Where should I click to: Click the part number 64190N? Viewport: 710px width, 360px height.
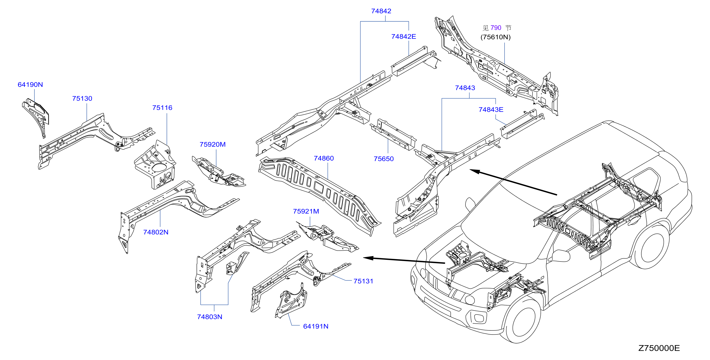(30, 85)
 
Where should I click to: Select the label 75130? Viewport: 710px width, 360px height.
(82, 98)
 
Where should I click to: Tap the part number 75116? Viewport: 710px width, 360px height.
(162, 108)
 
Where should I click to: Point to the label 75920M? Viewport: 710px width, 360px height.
(212, 144)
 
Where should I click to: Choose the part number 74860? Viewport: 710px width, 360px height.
(324, 158)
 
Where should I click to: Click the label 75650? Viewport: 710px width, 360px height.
(384, 159)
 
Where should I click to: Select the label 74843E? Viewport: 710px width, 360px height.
(491, 110)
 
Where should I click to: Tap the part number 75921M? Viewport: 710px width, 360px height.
(306, 212)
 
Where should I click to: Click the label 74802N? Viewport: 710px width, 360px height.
(156, 232)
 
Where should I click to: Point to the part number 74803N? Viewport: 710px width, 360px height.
(210, 317)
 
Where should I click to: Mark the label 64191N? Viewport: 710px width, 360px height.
(316, 326)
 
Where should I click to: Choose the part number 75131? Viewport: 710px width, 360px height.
(363, 281)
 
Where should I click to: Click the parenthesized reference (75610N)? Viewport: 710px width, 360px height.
(496, 37)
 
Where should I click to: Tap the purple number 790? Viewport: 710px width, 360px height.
(496, 28)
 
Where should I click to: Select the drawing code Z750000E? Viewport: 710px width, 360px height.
(659, 348)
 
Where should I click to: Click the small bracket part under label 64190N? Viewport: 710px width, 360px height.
(36, 116)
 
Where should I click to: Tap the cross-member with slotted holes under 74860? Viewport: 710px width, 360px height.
(320, 193)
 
